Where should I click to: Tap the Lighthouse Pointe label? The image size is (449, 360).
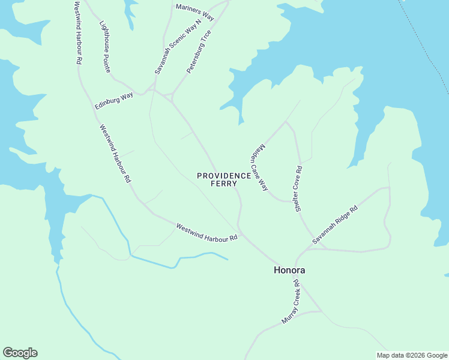(x=105, y=47)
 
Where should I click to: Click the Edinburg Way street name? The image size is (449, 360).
(x=114, y=101)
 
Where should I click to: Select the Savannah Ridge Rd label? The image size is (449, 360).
(x=334, y=224)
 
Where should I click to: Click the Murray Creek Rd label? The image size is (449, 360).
(x=289, y=302)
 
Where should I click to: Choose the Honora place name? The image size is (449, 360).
(x=289, y=270)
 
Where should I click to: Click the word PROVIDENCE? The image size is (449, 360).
(x=224, y=176)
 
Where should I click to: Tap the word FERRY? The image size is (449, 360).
(x=224, y=184)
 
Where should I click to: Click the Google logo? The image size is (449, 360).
(x=20, y=353)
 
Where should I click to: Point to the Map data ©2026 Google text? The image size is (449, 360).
(x=412, y=355)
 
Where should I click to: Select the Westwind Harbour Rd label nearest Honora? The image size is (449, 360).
(x=206, y=232)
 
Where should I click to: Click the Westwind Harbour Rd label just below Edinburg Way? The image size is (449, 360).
(x=115, y=154)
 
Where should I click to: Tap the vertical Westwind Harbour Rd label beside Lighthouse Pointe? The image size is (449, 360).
(x=78, y=33)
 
